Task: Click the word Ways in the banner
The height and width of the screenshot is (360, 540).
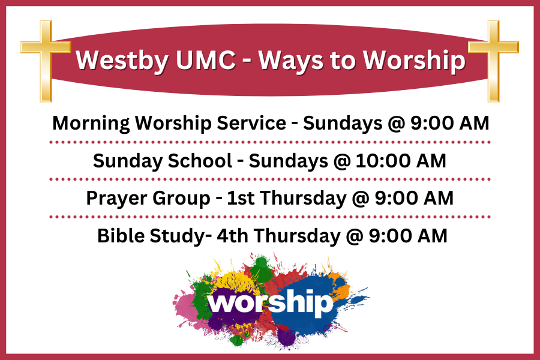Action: coord(291,62)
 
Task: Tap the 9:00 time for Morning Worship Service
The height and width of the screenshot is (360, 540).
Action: coord(431,123)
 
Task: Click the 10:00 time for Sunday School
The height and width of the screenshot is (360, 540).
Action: coord(382,161)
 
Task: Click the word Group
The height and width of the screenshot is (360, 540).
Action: coord(181,199)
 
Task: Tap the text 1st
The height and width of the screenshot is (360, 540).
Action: coord(241,198)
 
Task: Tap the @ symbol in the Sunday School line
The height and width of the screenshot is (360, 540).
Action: coord(341,161)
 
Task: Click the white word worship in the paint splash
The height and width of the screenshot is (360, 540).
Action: coord(271,302)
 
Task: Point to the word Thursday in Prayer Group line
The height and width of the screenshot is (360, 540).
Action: coord(303,199)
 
